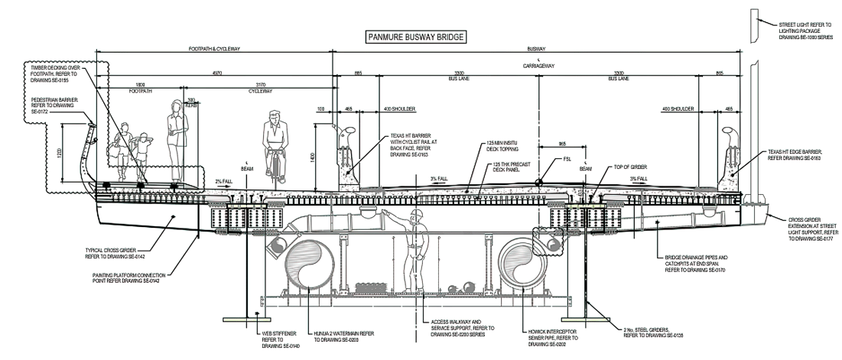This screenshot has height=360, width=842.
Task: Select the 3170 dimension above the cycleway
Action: point(261,84)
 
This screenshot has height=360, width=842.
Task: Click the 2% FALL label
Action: point(223,181)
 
